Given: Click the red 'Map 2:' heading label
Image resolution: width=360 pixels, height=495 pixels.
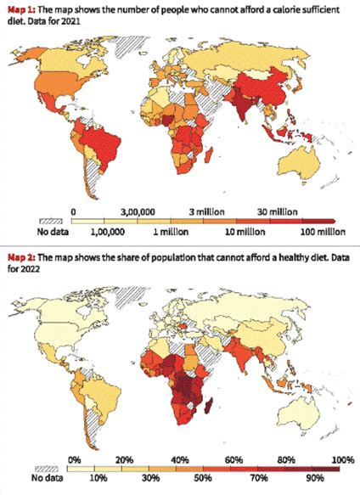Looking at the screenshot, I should [x=20, y=256].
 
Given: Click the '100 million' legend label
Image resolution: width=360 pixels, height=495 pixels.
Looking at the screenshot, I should [x=319, y=230].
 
